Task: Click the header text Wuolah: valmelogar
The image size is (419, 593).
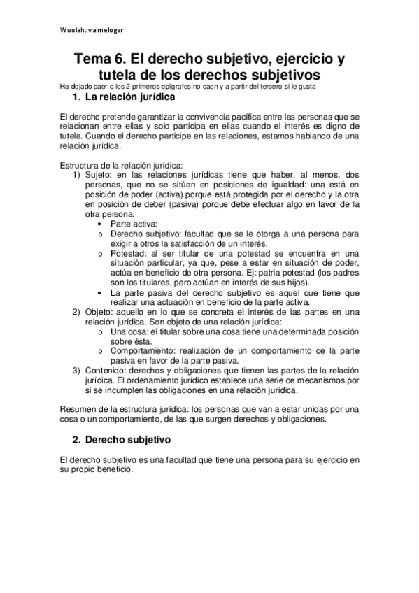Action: coord(92,31)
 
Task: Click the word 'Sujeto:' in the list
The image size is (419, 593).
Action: coord(99,174)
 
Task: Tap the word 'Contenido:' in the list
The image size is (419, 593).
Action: coord(107,369)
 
